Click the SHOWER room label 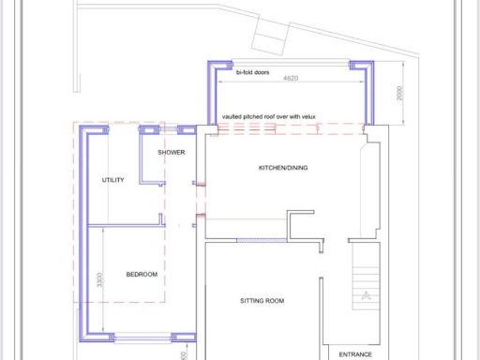(x=171, y=152)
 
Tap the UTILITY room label (x=112, y=180)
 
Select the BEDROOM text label (x=142, y=275)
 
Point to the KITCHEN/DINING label (x=283, y=169)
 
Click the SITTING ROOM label (x=262, y=301)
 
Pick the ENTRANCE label (x=355, y=354)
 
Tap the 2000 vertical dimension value (x=398, y=94)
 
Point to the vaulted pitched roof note (x=269, y=117)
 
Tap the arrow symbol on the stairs (x=365, y=295)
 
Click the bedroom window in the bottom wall (x=142, y=338)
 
